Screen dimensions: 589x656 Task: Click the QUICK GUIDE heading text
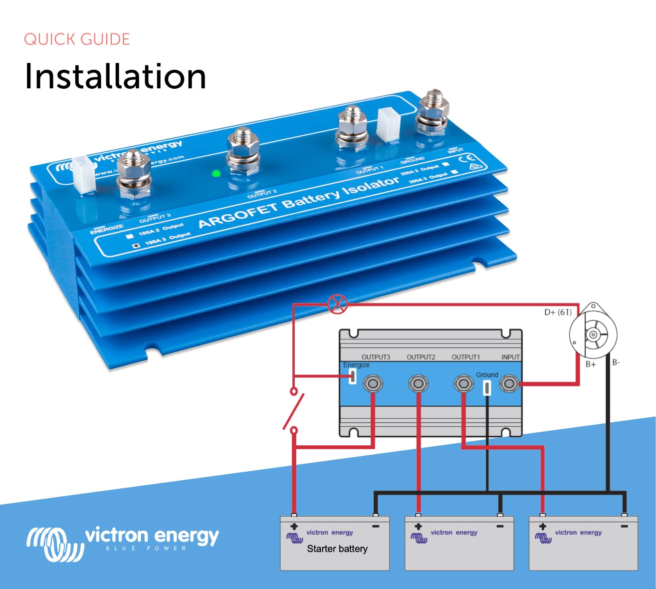(x=77, y=39)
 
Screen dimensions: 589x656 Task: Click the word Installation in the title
(x=115, y=76)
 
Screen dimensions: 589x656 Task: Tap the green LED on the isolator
(x=216, y=174)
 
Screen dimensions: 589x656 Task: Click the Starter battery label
(x=337, y=549)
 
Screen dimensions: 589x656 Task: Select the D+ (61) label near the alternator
(x=558, y=312)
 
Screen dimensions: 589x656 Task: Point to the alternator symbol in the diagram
(x=593, y=333)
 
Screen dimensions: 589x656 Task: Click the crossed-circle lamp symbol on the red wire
(x=337, y=303)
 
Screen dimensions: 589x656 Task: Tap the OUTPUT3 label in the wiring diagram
(x=376, y=357)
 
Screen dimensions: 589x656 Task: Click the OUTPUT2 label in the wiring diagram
(x=421, y=357)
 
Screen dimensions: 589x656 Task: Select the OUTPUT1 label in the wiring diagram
(x=465, y=357)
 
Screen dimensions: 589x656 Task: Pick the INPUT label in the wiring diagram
(x=510, y=357)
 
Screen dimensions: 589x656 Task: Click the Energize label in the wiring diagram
(x=356, y=365)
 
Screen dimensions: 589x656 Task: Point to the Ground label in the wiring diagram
(x=487, y=375)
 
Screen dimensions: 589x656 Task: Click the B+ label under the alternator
(x=591, y=364)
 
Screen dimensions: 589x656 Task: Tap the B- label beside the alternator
(x=616, y=362)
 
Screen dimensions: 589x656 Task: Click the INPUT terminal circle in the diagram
(x=509, y=384)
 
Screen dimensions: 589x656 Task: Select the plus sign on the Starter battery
(x=294, y=527)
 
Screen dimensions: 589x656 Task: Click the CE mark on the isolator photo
(x=469, y=158)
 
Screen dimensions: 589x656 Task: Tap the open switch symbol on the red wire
(x=294, y=410)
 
